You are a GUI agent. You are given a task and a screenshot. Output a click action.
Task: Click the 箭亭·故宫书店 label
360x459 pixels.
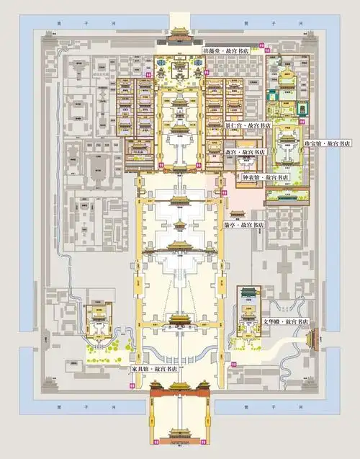point(245,225)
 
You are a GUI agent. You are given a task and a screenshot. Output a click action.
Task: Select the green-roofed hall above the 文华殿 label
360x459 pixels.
point(249,293)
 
